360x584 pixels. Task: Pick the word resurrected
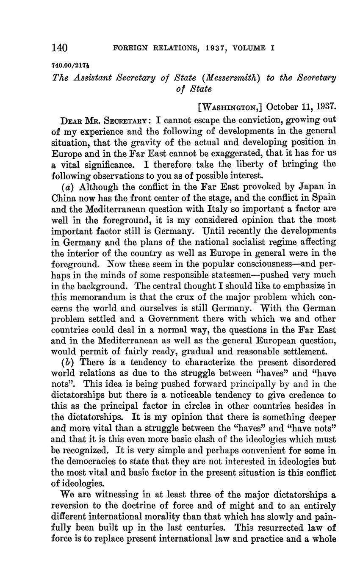271,528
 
